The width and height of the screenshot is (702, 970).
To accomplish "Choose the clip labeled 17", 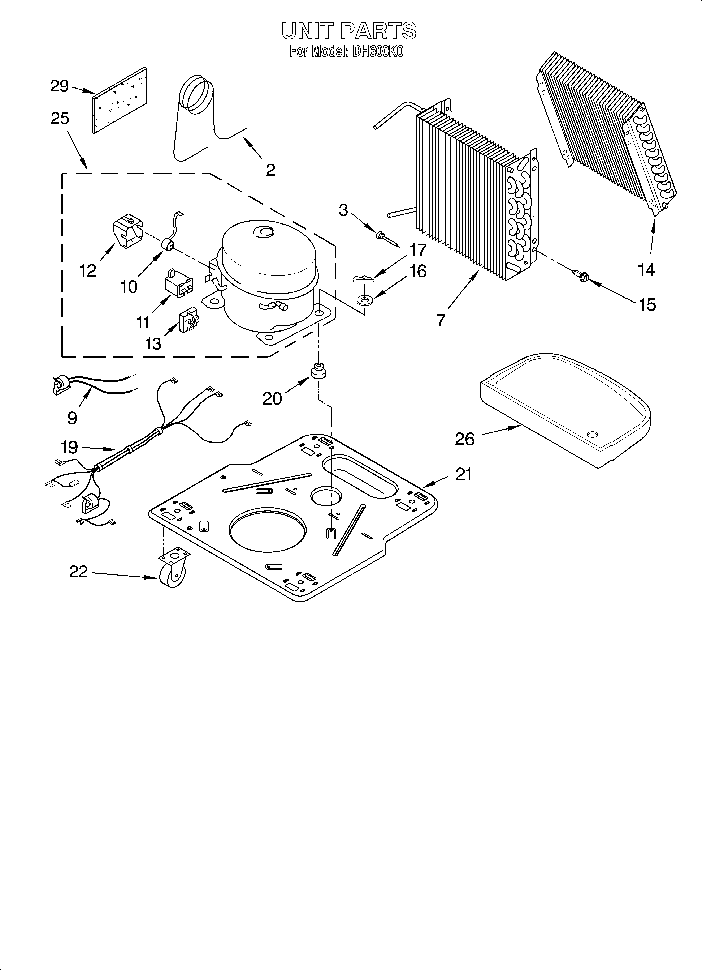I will click(x=363, y=279).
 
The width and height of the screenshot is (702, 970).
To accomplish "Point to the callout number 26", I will click(x=465, y=439).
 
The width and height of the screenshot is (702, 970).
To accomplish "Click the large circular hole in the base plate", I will click(x=268, y=530).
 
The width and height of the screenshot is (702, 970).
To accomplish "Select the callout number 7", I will click(x=441, y=320).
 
